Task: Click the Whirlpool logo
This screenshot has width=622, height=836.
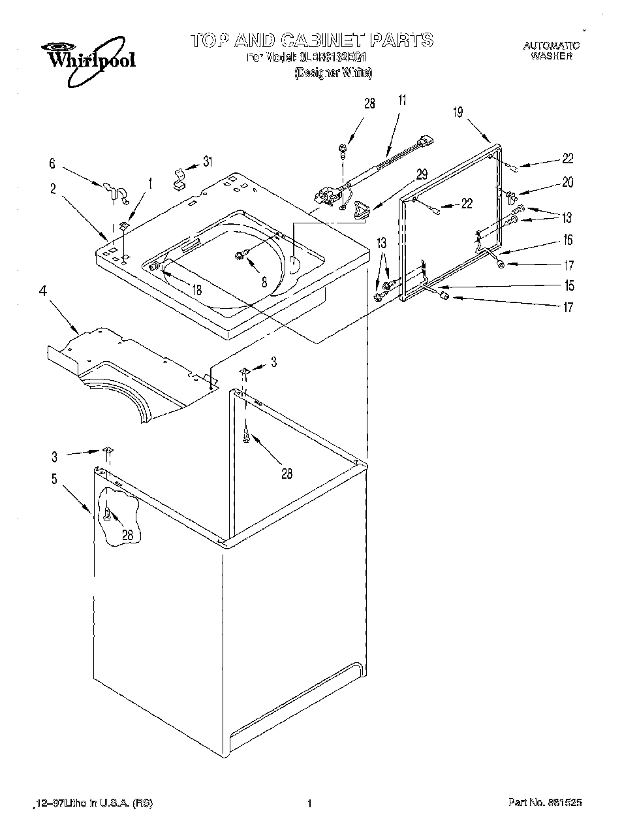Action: (89, 60)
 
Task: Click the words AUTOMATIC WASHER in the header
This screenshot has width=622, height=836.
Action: (552, 51)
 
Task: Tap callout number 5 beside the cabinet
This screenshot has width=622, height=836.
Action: (54, 479)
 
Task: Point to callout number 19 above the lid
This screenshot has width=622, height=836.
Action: (458, 112)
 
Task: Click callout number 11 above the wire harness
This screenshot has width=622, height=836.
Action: (401, 100)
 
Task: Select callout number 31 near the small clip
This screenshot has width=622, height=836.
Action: (208, 161)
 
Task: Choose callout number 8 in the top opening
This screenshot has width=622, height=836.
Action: (264, 283)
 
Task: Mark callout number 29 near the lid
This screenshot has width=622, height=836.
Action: (422, 174)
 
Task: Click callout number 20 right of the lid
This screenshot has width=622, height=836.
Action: (568, 183)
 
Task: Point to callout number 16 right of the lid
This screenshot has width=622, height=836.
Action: (568, 240)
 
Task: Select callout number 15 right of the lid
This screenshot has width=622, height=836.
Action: (569, 285)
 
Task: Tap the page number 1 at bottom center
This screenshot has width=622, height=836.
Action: (310, 803)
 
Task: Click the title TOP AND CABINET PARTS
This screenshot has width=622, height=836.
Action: (311, 40)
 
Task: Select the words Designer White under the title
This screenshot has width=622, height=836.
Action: (334, 73)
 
